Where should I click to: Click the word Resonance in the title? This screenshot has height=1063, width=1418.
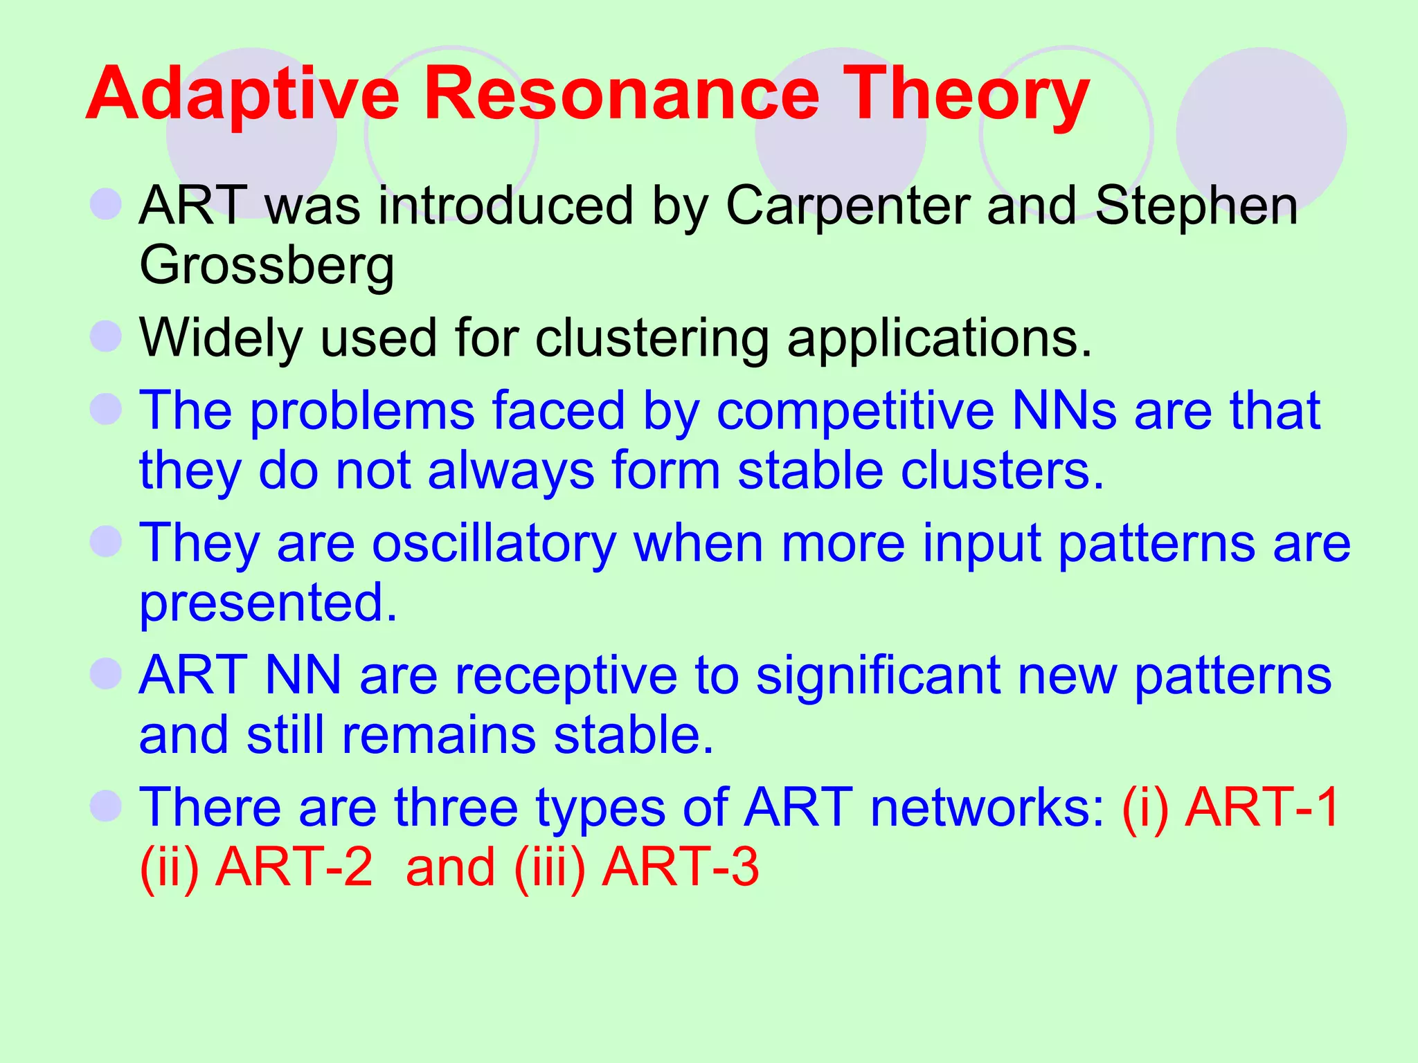(621, 94)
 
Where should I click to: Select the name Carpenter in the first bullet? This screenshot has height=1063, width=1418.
(847, 206)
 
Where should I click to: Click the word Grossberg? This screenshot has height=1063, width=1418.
(267, 266)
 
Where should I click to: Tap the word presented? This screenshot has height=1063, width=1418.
(268, 603)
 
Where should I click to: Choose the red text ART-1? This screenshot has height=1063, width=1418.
(1262, 807)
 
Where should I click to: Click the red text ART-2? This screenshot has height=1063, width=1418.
(294, 867)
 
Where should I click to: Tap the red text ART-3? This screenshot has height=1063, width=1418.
(680, 867)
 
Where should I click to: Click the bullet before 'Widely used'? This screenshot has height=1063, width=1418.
(106, 336)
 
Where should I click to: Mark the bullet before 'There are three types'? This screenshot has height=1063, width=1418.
(106, 806)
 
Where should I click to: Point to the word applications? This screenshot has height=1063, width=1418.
(939, 338)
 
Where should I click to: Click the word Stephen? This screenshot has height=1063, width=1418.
(1196, 206)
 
